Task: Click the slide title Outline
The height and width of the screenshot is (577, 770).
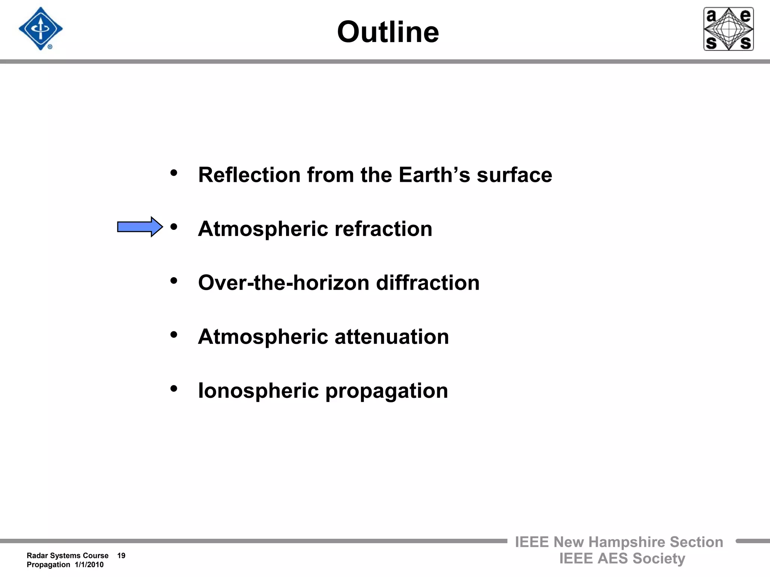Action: [x=388, y=32]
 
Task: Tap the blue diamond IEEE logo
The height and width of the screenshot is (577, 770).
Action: [x=41, y=29]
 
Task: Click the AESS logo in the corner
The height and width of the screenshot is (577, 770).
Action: [x=728, y=29]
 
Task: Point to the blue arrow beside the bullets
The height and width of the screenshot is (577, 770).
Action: [x=140, y=227]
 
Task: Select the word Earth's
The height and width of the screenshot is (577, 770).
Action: [x=434, y=175]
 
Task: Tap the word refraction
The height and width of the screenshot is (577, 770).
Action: [x=383, y=229]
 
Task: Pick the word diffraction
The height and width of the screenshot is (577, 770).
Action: [x=428, y=283]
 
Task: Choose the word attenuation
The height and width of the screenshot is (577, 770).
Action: [x=392, y=337]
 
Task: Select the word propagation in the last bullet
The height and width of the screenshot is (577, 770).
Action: [x=387, y=391]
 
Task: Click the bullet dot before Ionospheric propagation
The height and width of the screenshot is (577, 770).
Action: [x=174, y=388]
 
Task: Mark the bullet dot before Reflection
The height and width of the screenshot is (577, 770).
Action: [x=174, y=173]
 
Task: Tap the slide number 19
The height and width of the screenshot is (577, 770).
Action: [x=121, y=556]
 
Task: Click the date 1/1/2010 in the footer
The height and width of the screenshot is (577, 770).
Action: [x=89, y=565]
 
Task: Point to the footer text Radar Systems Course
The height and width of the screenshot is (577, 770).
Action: [x=68, y=556]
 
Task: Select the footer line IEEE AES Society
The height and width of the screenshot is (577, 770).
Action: [x=622, y=559]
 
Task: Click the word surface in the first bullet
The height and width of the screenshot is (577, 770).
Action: [x=514, y=175]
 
